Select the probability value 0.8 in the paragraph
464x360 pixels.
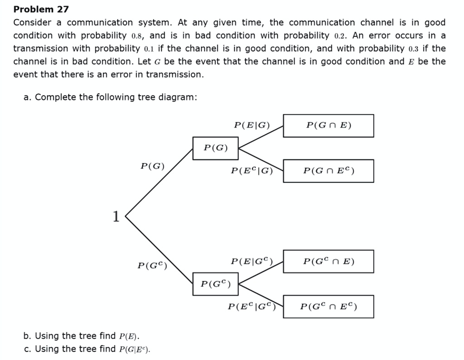tap(137, 36)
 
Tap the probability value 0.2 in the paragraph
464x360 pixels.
tap(340, 36)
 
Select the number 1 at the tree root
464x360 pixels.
tap(116, 217)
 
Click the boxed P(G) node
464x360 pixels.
tap(215, 148)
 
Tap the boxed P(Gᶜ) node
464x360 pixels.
tap(215, 284)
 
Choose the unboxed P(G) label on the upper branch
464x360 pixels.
tap(152, 166)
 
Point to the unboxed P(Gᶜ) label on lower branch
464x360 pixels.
tap(152, 265)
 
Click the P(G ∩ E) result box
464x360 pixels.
tap(329, 126)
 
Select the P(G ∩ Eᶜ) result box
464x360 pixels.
tap(329, 171)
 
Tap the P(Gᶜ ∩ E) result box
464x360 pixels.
tap(329, 262)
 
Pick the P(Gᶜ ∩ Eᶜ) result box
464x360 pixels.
tap(329, 307)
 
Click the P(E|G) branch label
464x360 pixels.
tap(252, 125)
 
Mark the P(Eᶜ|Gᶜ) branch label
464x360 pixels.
tap(252, 306)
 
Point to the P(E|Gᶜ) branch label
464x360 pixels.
tap(252, 261)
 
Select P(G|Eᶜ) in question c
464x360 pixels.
tap(134, 349)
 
